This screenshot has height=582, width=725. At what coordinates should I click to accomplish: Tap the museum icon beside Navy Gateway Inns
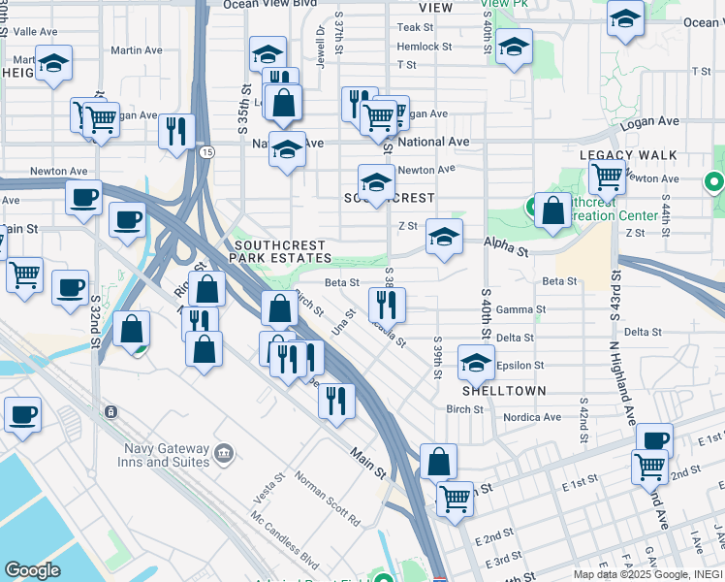(x=224, y=452)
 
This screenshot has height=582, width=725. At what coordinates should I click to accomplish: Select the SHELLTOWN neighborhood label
(x=504, y=391)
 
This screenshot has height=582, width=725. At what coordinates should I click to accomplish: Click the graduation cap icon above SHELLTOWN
(x=476, y=363)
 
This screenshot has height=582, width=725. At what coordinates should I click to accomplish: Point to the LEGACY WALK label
(x=628, y=155)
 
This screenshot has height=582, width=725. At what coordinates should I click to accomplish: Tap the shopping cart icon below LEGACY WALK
(x=607, y=178)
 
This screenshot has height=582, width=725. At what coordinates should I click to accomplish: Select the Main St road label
(x=369, y=461)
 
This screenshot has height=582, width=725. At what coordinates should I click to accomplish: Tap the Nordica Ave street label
(x=532, y=417)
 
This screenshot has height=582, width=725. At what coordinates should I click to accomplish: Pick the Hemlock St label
(x=425, y=47)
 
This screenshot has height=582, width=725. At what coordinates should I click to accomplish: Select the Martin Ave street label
(x=137, y=50)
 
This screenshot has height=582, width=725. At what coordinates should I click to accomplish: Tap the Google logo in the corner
(x=32, y=570)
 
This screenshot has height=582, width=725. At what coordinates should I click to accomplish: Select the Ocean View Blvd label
(x=258, y=5)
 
